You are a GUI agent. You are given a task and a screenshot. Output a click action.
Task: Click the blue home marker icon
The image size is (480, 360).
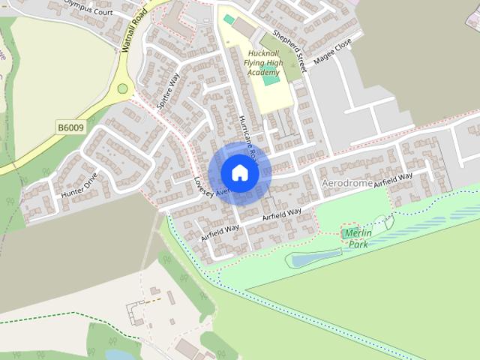pyautogui.click(x=239, y=172)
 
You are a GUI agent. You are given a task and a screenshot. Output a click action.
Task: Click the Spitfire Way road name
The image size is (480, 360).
pyautogui.click(x=169, y=91)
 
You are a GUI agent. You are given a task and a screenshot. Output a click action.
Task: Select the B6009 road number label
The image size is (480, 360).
pyautogui.click(x=70, y=127)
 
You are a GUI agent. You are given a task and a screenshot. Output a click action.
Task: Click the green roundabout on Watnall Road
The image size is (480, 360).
pyautogui.click(x=122, y=88)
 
